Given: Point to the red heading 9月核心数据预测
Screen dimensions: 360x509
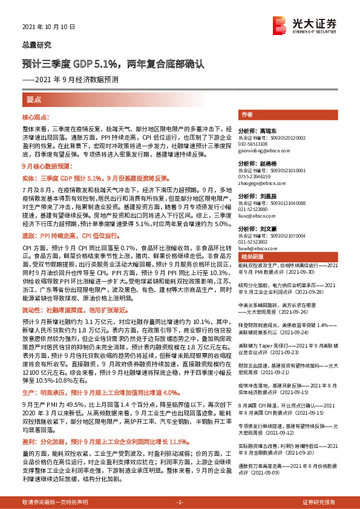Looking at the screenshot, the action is pos(47,166).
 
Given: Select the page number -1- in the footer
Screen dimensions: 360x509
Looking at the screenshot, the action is pos(180,502).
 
